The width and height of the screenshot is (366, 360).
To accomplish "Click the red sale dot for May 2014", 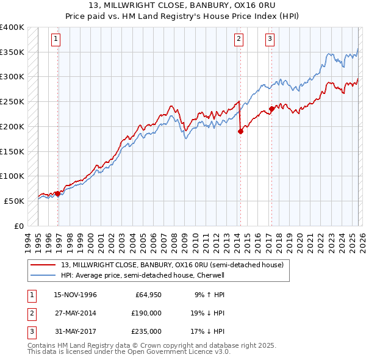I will pyautogui.click(x=240, y=131).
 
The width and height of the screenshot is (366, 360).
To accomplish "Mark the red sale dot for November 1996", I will pyautogui.click(x=58, y=193).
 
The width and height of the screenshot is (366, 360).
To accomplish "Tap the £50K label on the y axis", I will pyautogui.click(x=15, y=201).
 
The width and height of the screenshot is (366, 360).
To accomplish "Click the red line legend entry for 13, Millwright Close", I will pyautogui.click(x=172, y=265).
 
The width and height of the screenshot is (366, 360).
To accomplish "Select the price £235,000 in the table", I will pyautogui.click(x=146, y=331).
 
